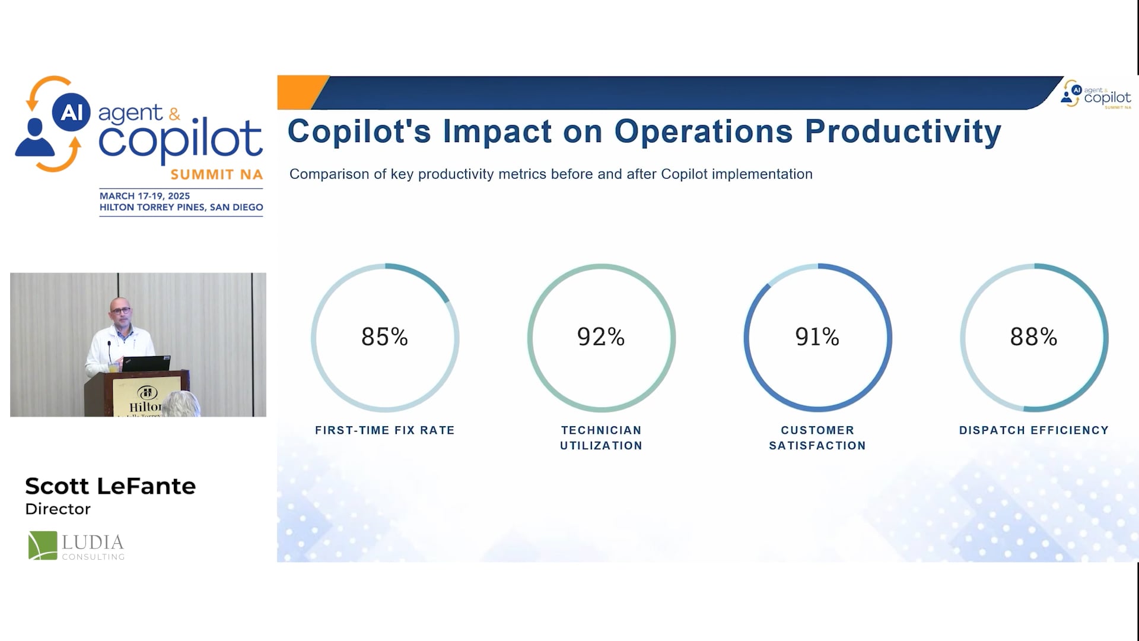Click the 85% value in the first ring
pyautogui.click(x=384, y=337)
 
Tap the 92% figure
pyautogui.click(x=601, y=337)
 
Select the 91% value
pyautogui.click(x=817, y=337)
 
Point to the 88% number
pyautogui.click(x=1033, y=337)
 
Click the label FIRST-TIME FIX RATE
pyautogui.click(x=385, y=430)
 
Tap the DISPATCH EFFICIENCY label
pyautogui.click(x=1034, y=430)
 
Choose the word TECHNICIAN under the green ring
pyautogui.click(x=602, y=430)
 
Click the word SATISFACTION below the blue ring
pyautogui.click(x=817, y=446)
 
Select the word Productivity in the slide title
pyautogui.click(x=903, y=132)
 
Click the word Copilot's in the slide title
pyautogui.click(x=359, y=131)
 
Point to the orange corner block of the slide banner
pyautogui.click(x=302, y=92)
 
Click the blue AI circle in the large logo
pyautogui.click(x=71, y=112)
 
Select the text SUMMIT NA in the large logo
pyautogui.click(x=217, y=174)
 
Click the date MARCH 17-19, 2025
pyautogui.click(x=145, y=196)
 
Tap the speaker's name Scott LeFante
pyautogui.click(x=110, y=486)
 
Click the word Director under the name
pyautogui.click(x=58, y=509)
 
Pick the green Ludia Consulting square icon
pyautogui.click(x=43, y=545)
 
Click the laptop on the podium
pyautogui.click(x=146, y=363)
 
